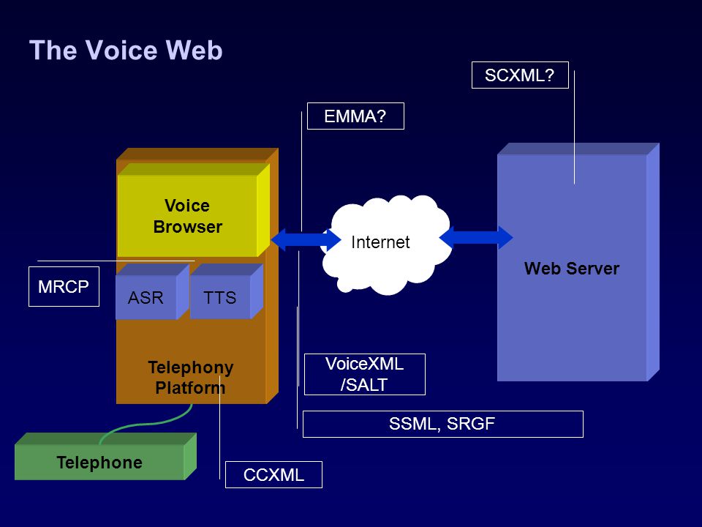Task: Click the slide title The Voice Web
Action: point(126,50)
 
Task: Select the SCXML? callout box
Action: point(520,75)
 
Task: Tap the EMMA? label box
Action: point(355,116)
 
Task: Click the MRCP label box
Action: point(64,287)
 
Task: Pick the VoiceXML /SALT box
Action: point(364,374)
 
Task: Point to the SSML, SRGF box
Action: point(443,424)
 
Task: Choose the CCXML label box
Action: point(273,474)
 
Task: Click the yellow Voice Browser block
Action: point(193,210)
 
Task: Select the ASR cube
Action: point(152,292)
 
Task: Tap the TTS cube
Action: point(226,292)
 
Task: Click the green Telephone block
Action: point(105,457)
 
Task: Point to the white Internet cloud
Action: point(386,244)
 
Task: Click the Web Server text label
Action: point(572,269)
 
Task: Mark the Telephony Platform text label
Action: point(190,378)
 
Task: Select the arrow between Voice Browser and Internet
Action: point(306,239)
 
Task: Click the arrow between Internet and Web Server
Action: point(476,237)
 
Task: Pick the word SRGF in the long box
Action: point(470,424)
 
